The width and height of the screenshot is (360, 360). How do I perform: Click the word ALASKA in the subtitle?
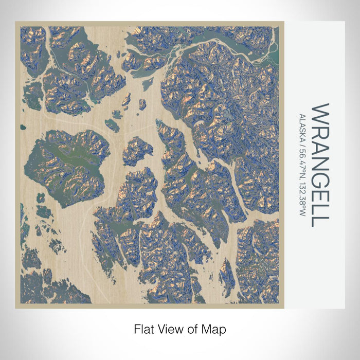[303, 127]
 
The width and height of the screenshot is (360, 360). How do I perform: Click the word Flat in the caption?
[143, 328]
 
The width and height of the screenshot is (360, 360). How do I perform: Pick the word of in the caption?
[192, 328]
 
